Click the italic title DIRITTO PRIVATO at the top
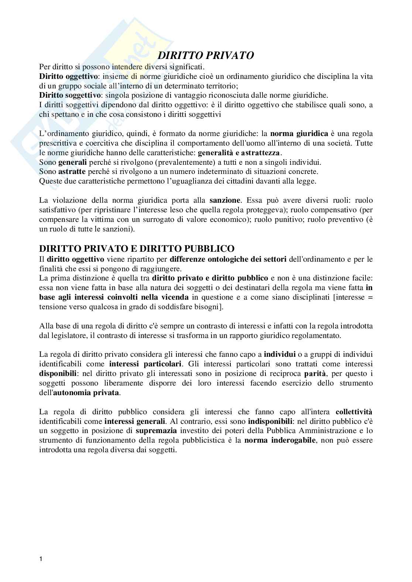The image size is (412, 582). pos(206,56)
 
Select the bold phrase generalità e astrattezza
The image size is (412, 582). pos(240,153)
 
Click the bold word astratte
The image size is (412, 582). pos(72,172)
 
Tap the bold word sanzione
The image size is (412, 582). pos(225,201)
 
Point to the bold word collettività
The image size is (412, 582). pos(354,412)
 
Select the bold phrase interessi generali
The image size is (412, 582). pos(135,421)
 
